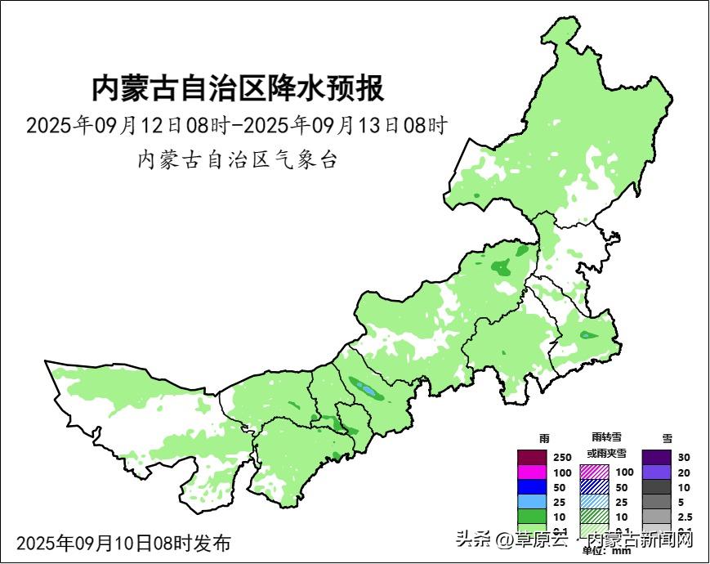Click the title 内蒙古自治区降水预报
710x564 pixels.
pos(237,88)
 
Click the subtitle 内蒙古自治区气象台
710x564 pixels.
pos(237,159)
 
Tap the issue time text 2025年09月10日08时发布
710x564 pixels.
pos(123,543)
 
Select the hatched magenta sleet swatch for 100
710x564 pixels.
pos(594,472)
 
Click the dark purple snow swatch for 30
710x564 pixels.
pos(656,457)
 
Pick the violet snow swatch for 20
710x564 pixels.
pos(656,472)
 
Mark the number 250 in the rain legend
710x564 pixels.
pos(561,457)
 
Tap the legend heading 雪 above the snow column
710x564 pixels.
pos(668,437)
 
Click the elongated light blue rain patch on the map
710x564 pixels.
pos(365,388)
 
